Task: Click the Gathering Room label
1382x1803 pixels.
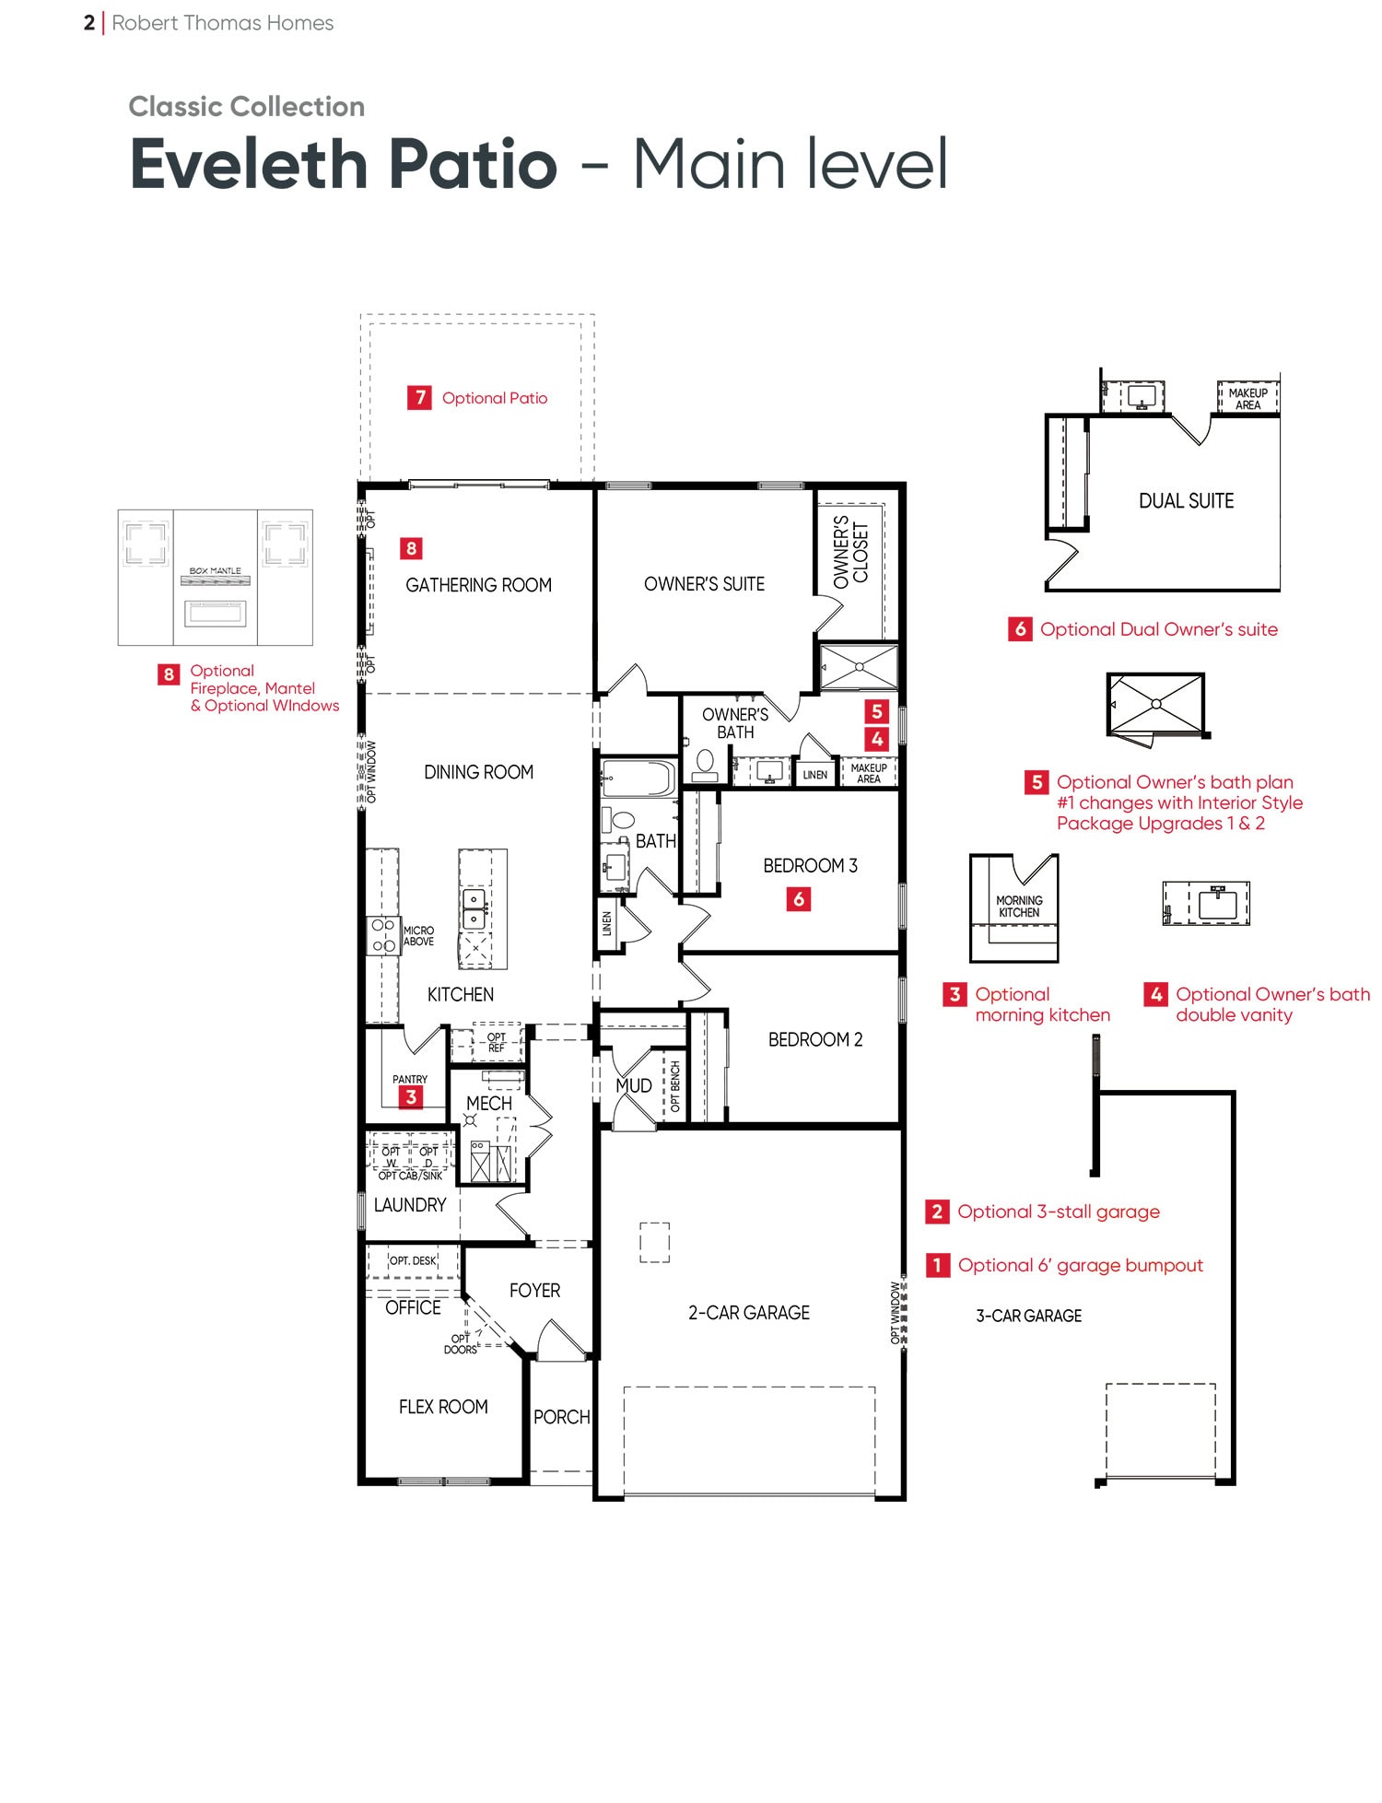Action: tap(478, 585)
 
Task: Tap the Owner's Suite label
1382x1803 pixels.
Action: tap(704, 584)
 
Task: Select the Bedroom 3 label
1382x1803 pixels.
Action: tap(810, 866)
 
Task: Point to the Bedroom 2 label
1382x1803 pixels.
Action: tap(815, 1039)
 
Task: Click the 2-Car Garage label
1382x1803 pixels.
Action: tap(749, 1313)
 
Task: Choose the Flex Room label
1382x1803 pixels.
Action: tap(443, 1407)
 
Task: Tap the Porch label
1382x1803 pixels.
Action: tap(561, 1417)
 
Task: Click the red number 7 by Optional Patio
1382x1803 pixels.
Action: tap(419, 397)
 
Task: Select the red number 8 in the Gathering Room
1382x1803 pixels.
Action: tap(411, 548)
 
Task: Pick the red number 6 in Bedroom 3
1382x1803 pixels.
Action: tap(799, 898)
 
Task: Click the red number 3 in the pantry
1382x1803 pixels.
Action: tap(411, 1096)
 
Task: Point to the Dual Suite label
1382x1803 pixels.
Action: tap(1186, 501)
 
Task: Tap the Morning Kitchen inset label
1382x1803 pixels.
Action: tap(1019, 907)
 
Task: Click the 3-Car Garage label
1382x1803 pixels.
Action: tap(1029, 1317)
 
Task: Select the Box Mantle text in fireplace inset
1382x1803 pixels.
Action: tap(215, 571)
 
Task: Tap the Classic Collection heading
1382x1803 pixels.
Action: tap(247, 107)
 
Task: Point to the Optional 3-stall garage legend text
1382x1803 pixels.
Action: tap(1059, 1212)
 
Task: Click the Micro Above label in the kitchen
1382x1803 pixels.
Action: tap(418, 936)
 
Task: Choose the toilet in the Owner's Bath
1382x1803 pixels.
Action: tap(705, 765)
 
